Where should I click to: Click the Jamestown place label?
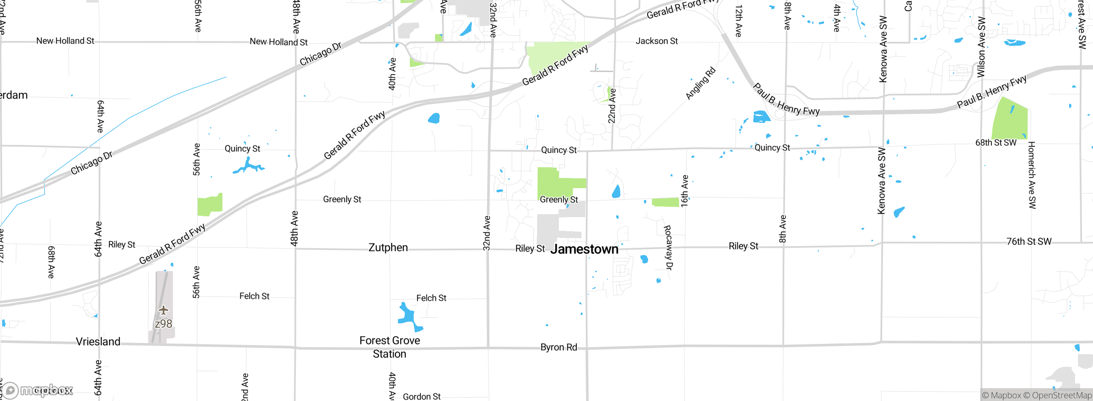point(584,249)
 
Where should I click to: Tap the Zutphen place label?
point(388,248)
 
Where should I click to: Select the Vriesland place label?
point(98,342)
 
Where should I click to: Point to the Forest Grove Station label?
point(389,347)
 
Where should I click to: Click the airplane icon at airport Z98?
point(164,310)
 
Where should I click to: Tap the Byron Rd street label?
point(558,347)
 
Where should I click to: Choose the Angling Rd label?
point(700,84)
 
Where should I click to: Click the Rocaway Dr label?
point(668,247)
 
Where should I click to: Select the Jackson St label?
point(657,41)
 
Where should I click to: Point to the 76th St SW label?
point(1029,241)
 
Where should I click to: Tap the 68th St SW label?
point(996,143)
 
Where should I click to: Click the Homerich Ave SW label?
point(1032,175)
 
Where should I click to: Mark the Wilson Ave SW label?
point(981,47)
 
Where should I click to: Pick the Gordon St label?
point(422,396)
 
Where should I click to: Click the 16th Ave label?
point(684,191)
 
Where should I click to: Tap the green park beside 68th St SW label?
point(1010,119)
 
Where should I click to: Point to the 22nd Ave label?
point(612,106)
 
